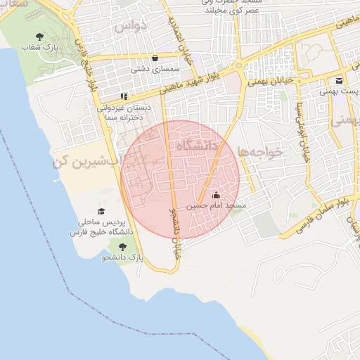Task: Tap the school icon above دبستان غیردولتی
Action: tap(124, 96)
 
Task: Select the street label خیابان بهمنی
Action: tap(269, 83)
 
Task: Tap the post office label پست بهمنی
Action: tap(335, 91)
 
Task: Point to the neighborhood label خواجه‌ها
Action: tap(259, 151)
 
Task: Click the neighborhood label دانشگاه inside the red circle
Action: tap(199, 145)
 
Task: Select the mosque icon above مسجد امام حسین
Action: tap(216, 195)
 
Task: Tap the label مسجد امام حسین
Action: tap(216, 207)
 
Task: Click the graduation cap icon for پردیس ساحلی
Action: tap(101, 211)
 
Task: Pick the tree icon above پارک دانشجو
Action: tap(124, 247)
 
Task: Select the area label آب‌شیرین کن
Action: tap(85, 161)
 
